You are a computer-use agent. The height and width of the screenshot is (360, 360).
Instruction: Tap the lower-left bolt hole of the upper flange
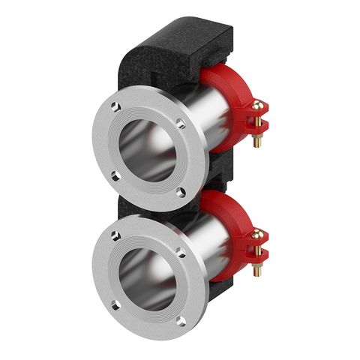[x=114, y=176]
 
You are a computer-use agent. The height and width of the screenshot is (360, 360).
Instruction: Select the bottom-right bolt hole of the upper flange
[x=181, y=193]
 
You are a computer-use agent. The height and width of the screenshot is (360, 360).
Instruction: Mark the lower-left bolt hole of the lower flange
[x=114, y=304]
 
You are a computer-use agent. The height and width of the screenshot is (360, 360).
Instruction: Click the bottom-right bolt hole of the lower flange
[x=181, y=321]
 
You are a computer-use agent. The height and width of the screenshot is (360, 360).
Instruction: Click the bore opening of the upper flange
[x=148, y=149]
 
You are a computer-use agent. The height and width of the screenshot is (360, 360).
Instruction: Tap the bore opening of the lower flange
[x=148, y=277]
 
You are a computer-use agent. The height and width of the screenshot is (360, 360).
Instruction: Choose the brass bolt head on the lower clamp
[x=259, y=234]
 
